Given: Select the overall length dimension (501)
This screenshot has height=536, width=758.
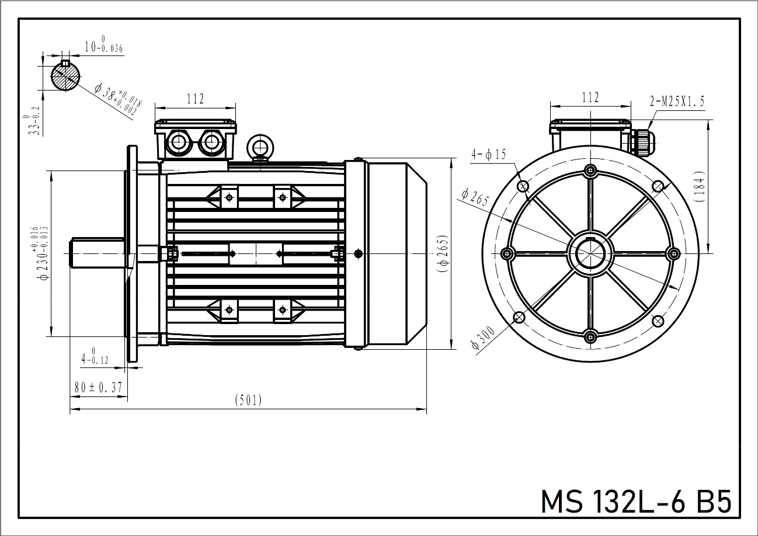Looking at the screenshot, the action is click(248, 401).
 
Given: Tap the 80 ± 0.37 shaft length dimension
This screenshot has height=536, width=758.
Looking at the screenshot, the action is click(98, 387).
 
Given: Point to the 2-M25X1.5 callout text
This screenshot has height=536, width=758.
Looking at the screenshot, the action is click(677, 101).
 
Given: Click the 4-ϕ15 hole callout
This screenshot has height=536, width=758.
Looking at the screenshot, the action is click(489, 155).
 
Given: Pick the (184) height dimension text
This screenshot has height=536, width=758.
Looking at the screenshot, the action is click(700, 186).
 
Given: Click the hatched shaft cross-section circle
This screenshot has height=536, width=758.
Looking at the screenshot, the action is click(65, 76).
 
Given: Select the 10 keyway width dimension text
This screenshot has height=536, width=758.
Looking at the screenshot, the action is click(103, 44).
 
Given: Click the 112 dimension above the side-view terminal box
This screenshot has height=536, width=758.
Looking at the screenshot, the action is click(196, 99).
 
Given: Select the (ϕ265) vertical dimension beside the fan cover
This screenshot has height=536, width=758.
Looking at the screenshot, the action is click(442, 253).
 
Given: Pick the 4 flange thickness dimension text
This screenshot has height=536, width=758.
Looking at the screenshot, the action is click(95, 356).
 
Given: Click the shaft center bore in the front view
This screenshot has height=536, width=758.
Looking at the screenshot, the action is click(590, 253).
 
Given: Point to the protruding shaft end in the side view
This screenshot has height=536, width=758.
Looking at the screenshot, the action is click(97, 253).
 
